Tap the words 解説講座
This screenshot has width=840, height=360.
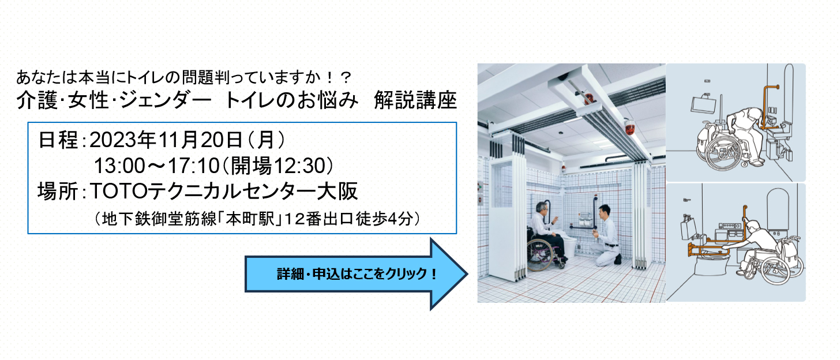click(x=415, y=100)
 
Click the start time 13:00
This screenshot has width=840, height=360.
click(x=119, y=166)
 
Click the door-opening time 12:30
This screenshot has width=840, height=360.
click(x=299, y=166)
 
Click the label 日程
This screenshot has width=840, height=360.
click(x=58, y=140)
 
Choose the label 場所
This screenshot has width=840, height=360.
click(x=58, y=192)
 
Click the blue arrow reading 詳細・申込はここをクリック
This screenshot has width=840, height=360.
click(x=357, y=274)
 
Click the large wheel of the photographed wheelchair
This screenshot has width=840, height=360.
click(x=541, y=255)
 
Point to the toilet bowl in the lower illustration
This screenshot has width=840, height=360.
click(x=712, y=262)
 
